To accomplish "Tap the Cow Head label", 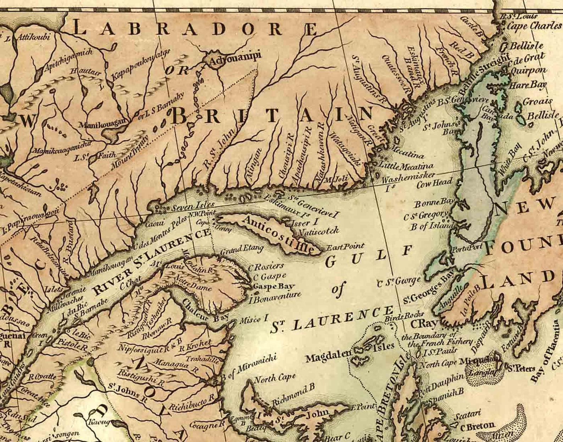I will coord(434,183).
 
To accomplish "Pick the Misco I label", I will coord(253,319).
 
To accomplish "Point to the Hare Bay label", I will coord(525,85).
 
